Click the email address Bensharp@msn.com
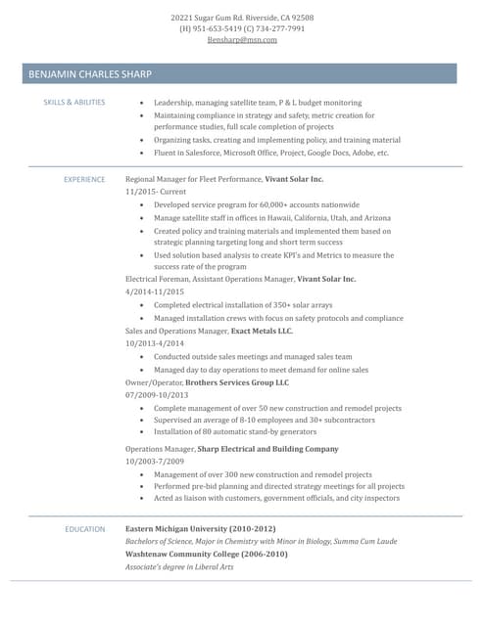[242, 40]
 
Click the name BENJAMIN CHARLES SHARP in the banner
[90, 74]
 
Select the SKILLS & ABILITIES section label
[74, 103]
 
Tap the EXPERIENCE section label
[84, 180]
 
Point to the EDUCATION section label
[85, 529]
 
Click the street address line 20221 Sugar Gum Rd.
[242, 18]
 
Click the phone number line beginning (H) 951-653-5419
[242, 28]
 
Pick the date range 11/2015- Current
[155, 193]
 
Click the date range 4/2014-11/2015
[155, 292]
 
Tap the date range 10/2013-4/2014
[155, 344]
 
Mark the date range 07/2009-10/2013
[157, 395]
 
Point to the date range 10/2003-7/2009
[155, 461]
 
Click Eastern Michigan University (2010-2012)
[201, 528]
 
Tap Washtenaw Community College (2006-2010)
[207, 554]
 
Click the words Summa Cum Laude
[365, 541]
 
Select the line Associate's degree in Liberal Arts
[179, 566]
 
